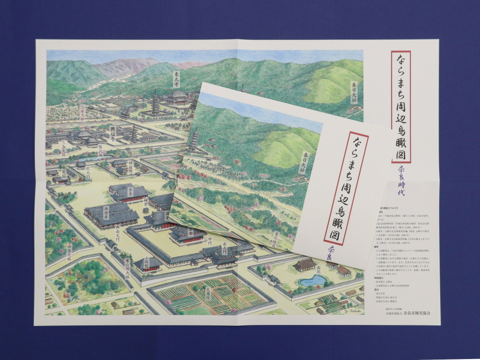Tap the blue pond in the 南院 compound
(x=312, y=280)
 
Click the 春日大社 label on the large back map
(x=355, y=92)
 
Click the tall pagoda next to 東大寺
(x=156, y=104)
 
